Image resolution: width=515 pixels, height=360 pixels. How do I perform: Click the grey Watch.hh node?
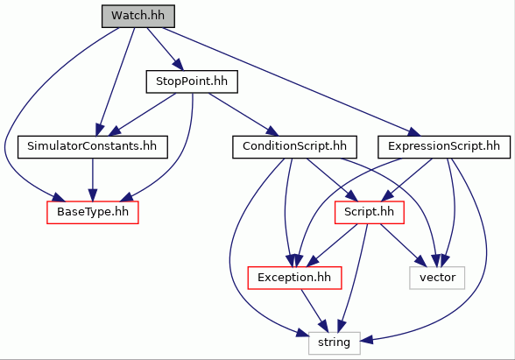pos(138,16)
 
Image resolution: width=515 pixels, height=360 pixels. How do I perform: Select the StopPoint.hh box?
pos(192,81)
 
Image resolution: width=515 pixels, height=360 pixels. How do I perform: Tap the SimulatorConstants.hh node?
pos(93,147)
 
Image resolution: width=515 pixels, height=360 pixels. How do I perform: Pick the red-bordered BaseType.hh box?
pos(93,213)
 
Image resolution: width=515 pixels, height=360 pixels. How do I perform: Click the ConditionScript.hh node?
pos(294,147)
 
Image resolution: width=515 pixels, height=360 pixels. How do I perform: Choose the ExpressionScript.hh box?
pos(444,147)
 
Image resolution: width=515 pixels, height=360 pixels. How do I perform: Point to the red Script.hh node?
pos(370,213)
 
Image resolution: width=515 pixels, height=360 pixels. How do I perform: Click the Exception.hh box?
pos(294,278)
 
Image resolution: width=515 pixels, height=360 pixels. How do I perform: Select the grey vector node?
pos(437,278)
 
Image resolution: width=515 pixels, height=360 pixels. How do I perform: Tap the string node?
pos(335,343)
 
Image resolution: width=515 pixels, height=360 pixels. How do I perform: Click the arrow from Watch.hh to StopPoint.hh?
pos(165,49)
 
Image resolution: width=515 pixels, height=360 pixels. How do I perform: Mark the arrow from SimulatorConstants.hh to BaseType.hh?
pos(93,180)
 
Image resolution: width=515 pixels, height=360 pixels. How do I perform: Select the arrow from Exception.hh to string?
pos(314,311)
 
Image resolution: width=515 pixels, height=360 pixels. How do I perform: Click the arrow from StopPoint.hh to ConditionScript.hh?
pos(243,114)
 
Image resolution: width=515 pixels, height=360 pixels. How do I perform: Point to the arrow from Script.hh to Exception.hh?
pos(333,245)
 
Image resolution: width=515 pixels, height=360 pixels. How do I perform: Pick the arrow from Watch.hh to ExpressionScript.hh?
pos(292,81)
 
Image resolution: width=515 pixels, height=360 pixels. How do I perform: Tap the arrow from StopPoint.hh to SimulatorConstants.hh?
pos(142,114)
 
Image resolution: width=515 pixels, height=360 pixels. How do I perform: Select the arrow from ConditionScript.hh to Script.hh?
pos(332,180)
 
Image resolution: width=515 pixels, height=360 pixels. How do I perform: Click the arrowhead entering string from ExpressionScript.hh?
pos(367,339)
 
